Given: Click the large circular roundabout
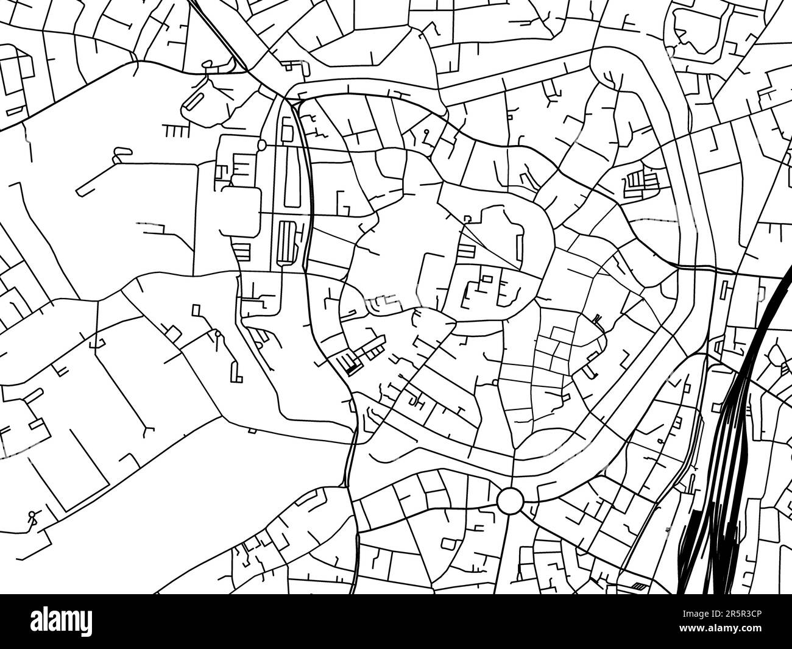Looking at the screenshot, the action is (510, 501).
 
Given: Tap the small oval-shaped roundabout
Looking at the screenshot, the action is (262, 145).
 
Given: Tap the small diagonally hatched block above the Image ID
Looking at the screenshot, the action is (639, 586).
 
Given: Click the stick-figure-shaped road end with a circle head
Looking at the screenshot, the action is (31, 518).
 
